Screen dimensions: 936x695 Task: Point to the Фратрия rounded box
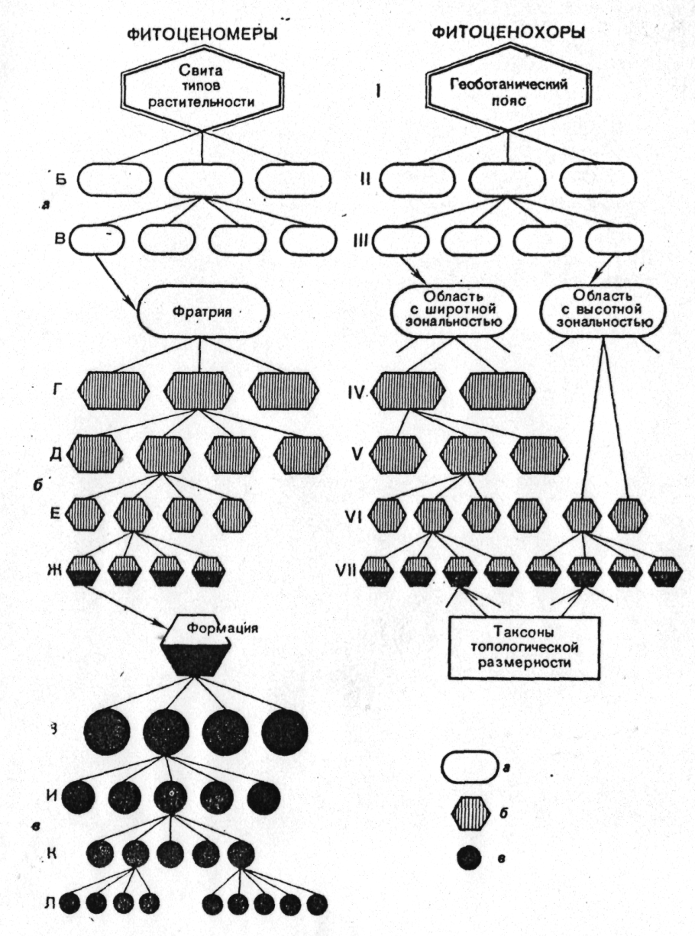tap(204, 311)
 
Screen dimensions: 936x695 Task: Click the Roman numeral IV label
tap(355, 394)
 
